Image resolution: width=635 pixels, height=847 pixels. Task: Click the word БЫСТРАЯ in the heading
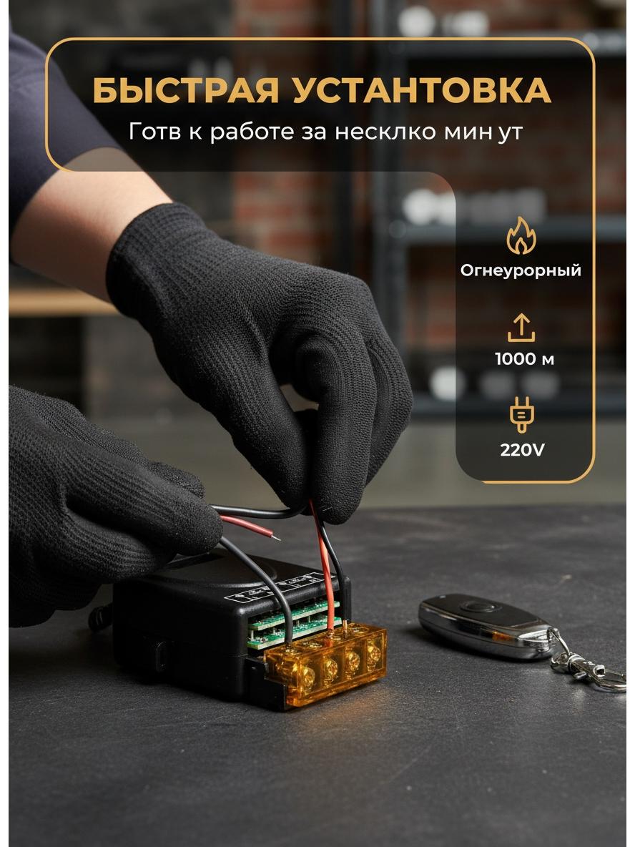185,91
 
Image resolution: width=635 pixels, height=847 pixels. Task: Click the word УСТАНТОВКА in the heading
422,91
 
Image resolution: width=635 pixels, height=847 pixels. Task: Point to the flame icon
521,235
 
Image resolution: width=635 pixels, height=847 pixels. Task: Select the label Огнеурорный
521,270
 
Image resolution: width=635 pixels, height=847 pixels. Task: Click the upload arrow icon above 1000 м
521,328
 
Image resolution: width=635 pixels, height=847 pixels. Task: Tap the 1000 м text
524,359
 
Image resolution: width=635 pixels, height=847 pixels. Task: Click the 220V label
522,449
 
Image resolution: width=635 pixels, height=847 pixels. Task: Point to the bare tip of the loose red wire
277,537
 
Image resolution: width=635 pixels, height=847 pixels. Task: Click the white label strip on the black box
274,588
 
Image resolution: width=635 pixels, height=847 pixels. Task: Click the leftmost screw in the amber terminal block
305,676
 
